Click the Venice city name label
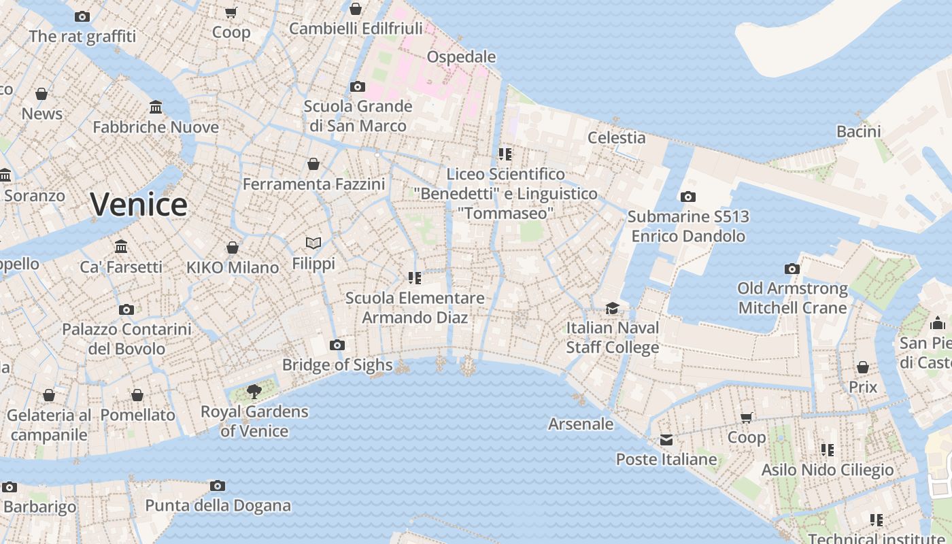click(139, 204)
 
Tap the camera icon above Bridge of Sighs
click(337, 345)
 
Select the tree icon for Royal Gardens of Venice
click(254, 391)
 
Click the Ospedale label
click(461, 56)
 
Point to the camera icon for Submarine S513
click(688, 197)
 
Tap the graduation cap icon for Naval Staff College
click(612, 307)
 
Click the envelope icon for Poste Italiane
click(666, 440)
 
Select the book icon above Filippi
click(313, 243)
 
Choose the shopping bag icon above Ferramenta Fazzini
click(313, 164)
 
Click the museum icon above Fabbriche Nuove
click(156, 107)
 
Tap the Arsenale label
click(581, 424)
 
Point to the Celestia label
click(616, 137)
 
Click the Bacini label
click(858, 131)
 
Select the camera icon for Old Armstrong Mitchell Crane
click(792, 269)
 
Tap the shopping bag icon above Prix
click(863, 367)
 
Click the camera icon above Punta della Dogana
click(218, 486)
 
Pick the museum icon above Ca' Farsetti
click(121, 246)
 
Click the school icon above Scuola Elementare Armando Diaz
click(414, 277)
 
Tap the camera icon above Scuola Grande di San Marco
click(357, 86)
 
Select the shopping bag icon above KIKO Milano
click(233, 248)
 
